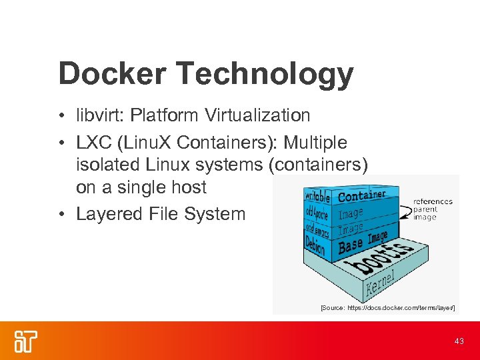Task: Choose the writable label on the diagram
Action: (318, 196)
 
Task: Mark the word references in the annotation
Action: (433, 201)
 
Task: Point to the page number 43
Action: (459, 341)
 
